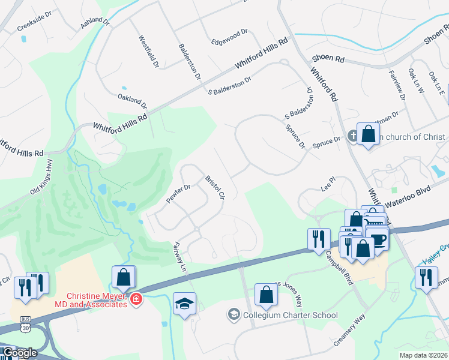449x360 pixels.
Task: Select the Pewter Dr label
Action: [x=178, y=194]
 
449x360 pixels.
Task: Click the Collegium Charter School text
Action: [x=291, y=315]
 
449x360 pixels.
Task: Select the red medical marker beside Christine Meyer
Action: [x=136, y=298]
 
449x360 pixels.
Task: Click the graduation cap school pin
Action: [x=185, y=303]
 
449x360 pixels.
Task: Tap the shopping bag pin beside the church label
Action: [x=368, y=133]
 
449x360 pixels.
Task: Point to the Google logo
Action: [x=19, y=353]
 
